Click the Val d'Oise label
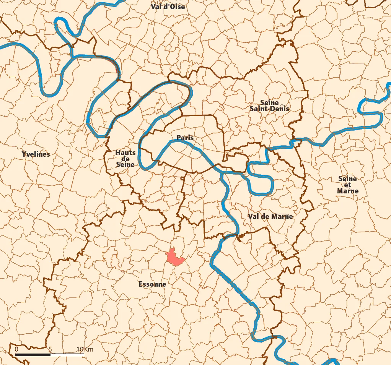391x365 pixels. (168, 6)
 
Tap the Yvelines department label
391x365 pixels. (36, 154)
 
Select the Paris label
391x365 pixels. (185, 138)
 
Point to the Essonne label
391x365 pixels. (152, 284)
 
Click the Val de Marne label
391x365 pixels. (270, 216)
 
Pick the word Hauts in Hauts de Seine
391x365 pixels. (125, 153)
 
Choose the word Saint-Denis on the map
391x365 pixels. (269, 109)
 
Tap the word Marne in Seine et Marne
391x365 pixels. (348, 191)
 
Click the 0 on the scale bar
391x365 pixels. (16, 350)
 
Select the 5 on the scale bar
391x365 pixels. (50, 350)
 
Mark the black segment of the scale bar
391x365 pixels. (33, 355)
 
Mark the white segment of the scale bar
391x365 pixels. (67, 355)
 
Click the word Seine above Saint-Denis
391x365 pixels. (269, 102)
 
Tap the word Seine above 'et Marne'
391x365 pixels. (347, 178)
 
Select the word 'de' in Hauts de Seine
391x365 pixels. (125, 159)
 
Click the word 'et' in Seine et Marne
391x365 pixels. (347, 185)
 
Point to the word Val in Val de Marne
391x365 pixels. (253, 216)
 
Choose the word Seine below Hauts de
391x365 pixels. (125, 164)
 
